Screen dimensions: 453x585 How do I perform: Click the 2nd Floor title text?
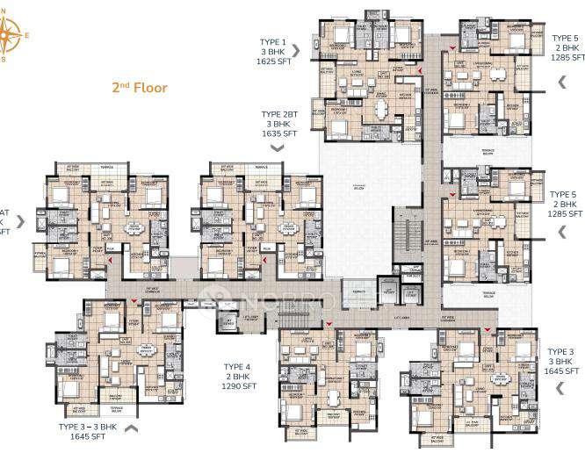tap(139, 89)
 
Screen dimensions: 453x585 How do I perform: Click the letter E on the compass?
tap(25, 36)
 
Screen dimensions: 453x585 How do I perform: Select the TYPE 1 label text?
tap(272, 41)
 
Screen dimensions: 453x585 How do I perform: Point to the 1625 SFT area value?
tap(272, 63)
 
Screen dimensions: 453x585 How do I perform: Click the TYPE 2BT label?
tap(278, 114)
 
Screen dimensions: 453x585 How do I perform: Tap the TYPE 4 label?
tap(237, 366)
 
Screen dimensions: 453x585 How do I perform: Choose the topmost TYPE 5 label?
tap(565, 39)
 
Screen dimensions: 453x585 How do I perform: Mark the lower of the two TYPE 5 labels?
tap(563, 193)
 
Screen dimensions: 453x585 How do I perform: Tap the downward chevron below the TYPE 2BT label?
tap(278, 149)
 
